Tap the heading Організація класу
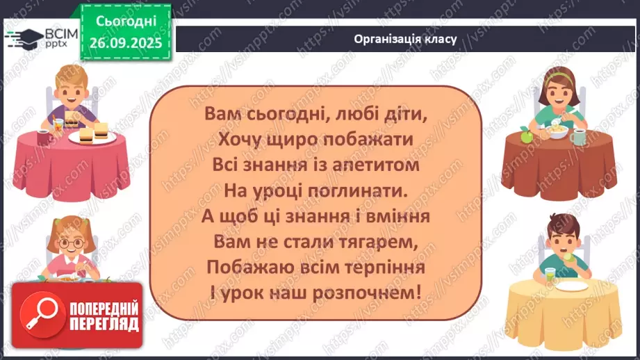click(x=405, y=39)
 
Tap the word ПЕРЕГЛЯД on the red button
click(x=104, y=325)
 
